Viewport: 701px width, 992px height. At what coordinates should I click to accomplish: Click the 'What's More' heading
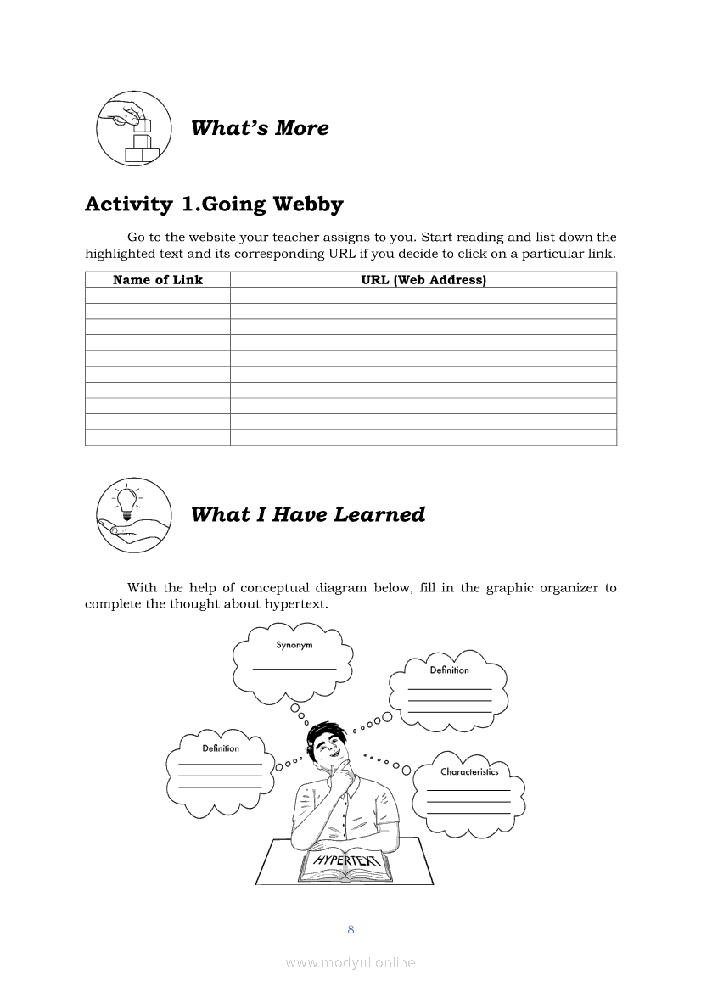[x=260, y=128]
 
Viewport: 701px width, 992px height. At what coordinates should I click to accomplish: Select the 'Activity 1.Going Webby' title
[x=214, y=205]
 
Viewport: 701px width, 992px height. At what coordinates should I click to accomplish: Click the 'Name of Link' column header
[x=158, y=280]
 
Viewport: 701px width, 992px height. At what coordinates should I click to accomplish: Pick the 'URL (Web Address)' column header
[x=423, y=280]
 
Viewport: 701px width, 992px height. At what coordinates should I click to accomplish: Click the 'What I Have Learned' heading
[x=307, y=514]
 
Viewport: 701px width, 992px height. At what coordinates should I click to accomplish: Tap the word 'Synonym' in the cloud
[x=294, y=645]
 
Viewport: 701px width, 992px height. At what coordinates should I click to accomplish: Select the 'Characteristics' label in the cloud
[x=469, y=772]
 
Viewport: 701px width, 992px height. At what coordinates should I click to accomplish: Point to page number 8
[x=350, y=929]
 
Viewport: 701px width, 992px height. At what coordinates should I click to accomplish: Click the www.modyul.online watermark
[x=350, y=962]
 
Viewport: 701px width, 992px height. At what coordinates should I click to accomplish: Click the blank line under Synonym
[x=294, y=670]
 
